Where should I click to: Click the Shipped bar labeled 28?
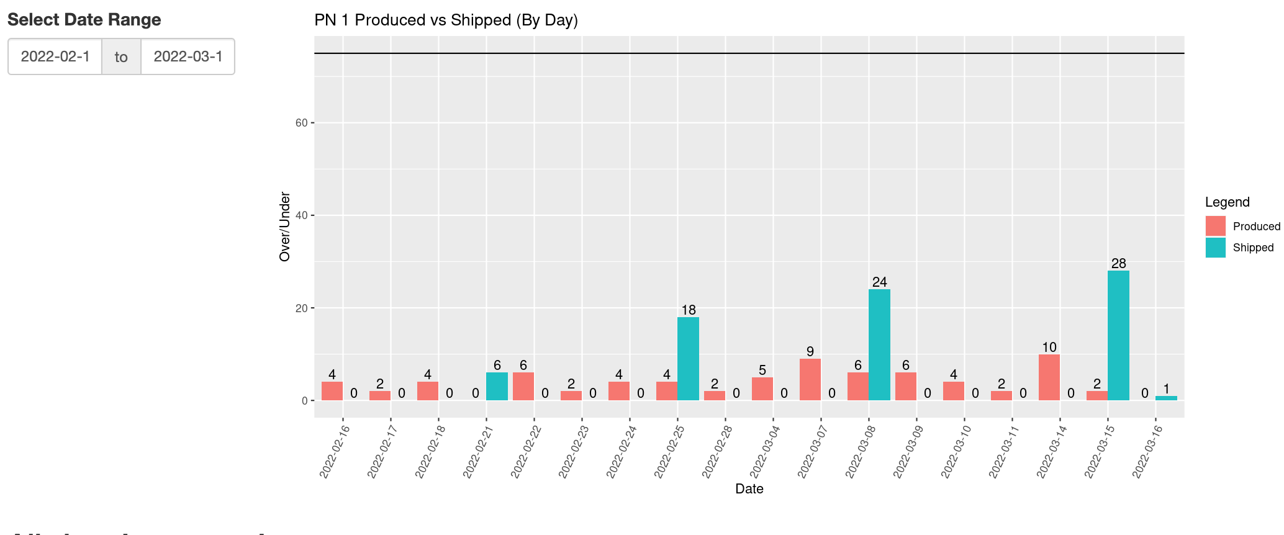pyautogui.click(x=1118, y=335)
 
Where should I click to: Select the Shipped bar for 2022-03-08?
pyautogui.click(x=879, y=344)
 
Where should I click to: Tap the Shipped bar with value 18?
pyautogui.click(x=688, y=359)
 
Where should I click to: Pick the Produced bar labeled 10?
pyautogui.click(x=1049, y=377)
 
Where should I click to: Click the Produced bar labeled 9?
pyautogui.click(x=810, y=379)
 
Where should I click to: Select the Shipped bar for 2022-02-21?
pyautogui.click(x=497, y=386)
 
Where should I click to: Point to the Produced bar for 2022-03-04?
pyautogui.click(x=762, y=389)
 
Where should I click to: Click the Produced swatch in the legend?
pyautogui.click(x=1215, y=226)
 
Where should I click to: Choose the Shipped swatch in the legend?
pyautogui.click(x=1215, y=248)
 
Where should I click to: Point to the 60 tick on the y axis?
pyautogui.click(x=302, y=123)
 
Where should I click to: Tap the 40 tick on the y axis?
pyautogui.click(x=302, y=215)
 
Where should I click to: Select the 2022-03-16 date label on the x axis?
pyautogui.click(x=1147, y=452)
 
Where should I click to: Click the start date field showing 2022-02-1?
pyautogui.click(x=55, y=56)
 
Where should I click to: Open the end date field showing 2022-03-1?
pyautogui.click(x=188, y=56)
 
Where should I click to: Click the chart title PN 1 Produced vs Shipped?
pyautogui.click(x=446, y=20)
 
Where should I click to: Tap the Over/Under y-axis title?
pyautogui.click(x=285, y=227)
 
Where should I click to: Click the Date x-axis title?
pyautogui.click(x=749, y=489)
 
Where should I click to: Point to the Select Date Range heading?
pyautogui.click(x=84, y=20)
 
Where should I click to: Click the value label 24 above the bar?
pyautogui.click(x=879, y=282)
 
